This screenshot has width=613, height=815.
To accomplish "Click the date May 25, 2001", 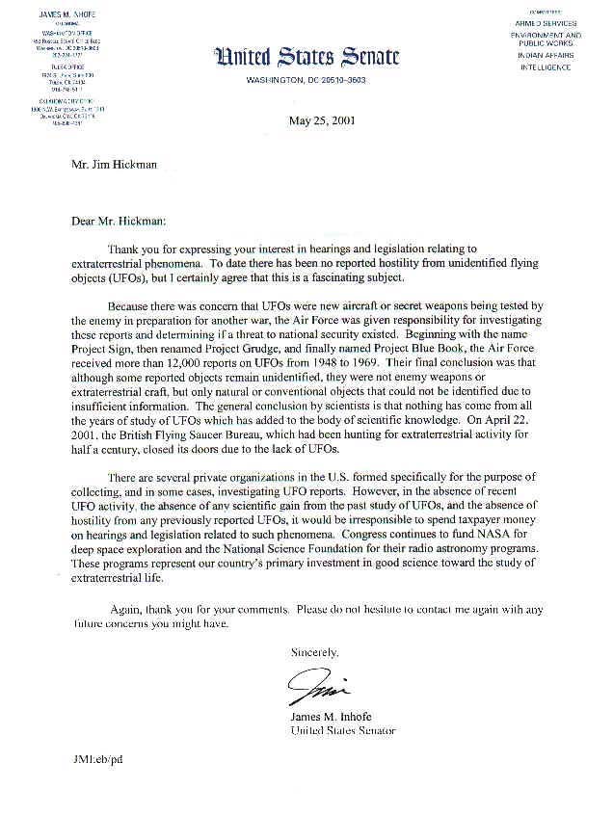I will pos(320,119).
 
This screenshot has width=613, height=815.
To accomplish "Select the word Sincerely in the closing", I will pos(315,652).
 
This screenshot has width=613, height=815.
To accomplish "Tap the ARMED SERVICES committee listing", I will pos(546,23).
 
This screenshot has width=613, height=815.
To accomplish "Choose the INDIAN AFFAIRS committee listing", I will pos(546,56).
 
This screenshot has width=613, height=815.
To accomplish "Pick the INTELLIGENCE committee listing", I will pos(546,67).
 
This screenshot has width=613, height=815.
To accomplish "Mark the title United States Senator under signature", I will pos(343,731).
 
